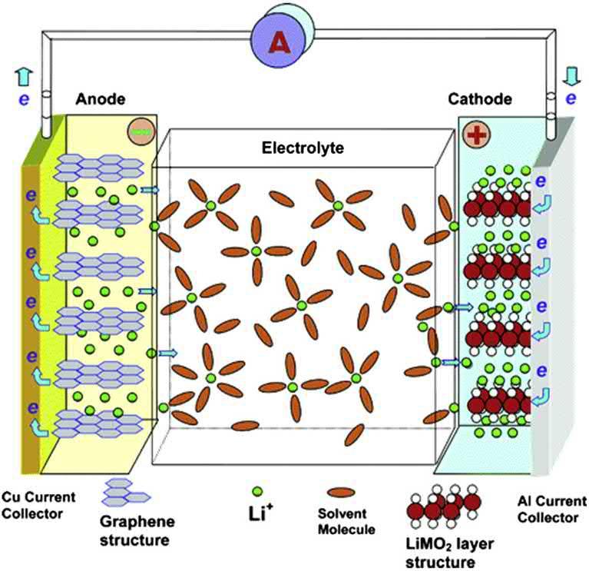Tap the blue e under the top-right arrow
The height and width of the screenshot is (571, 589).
569,98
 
